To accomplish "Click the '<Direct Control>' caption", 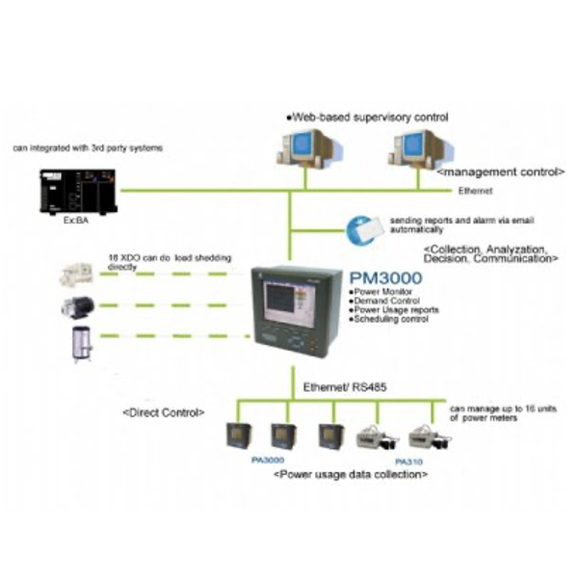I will (x=164, y=412).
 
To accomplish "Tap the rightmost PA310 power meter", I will (x=424, y=436).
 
